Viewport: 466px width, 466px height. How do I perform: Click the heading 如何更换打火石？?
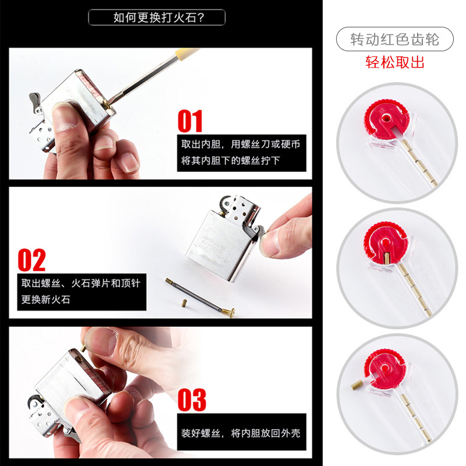click(x=157, y=17)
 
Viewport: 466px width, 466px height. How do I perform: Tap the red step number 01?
click(x=190, y=121)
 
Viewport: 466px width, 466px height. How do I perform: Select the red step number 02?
click(x=31, y=260)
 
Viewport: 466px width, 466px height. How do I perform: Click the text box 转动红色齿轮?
click(x=394, y=40)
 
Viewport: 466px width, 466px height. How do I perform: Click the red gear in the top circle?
click(x=383, y=119)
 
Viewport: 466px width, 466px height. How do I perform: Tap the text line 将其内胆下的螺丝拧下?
click(x=231, y=160)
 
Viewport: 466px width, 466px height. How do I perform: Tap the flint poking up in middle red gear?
click(x=386, y=257)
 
